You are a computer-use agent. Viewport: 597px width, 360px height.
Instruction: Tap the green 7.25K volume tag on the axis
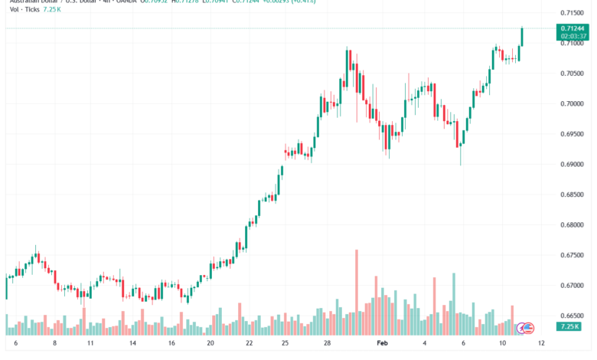[x=570, y=327]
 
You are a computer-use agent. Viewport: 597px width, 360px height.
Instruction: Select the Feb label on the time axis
[x=383, y=345]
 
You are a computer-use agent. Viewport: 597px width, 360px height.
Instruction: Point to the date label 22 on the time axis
[x=249, y=345]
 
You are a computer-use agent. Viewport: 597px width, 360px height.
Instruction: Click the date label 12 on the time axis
[x=541, y=345]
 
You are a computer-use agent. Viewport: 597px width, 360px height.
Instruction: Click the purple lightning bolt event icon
[x=522, y=327]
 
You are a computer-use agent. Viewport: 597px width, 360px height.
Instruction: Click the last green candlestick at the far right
[x=522, y=36]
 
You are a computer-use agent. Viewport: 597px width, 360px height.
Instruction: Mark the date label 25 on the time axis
[x=285, y=345]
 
